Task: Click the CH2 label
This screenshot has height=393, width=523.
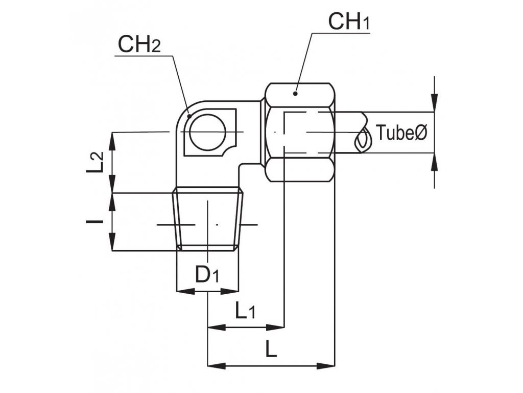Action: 139,45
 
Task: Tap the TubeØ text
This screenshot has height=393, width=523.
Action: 401,133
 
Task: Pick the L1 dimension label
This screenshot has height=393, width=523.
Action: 245,310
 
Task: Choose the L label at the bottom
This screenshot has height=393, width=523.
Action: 271,350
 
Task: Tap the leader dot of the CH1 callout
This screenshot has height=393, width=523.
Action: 295,93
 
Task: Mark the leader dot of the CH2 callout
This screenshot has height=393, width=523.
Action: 189,116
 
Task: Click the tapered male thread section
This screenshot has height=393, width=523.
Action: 208,220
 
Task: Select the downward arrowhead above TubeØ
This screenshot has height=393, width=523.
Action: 435,104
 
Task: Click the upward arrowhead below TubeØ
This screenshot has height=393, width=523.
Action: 435,161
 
